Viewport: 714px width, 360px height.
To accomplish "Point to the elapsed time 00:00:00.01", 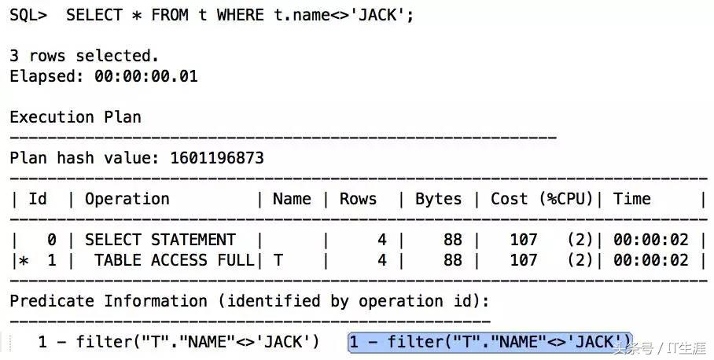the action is point(145,76).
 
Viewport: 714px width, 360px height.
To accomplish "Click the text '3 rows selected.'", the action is point(84,56).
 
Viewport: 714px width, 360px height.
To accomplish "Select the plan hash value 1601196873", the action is point(217,158).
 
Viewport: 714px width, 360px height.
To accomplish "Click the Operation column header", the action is point(127,199).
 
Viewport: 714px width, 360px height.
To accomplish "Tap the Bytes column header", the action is point(438,199).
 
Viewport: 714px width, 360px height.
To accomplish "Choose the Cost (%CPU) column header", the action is point(542,199).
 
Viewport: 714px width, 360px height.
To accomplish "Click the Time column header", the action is point(631,199).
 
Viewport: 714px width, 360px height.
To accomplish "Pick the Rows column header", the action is point(358,199).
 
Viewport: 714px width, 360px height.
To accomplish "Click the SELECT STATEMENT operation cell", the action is point(160,240).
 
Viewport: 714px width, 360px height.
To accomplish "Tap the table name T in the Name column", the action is point(278,260).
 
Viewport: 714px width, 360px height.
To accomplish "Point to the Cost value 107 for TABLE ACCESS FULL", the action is point(524,260).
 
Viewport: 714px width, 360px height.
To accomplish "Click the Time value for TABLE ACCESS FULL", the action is point(650,260).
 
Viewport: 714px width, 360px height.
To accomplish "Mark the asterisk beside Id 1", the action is point(23,261).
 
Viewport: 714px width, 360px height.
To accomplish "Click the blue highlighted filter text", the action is point(490,341).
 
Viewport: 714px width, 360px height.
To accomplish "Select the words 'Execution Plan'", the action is point(75,117).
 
